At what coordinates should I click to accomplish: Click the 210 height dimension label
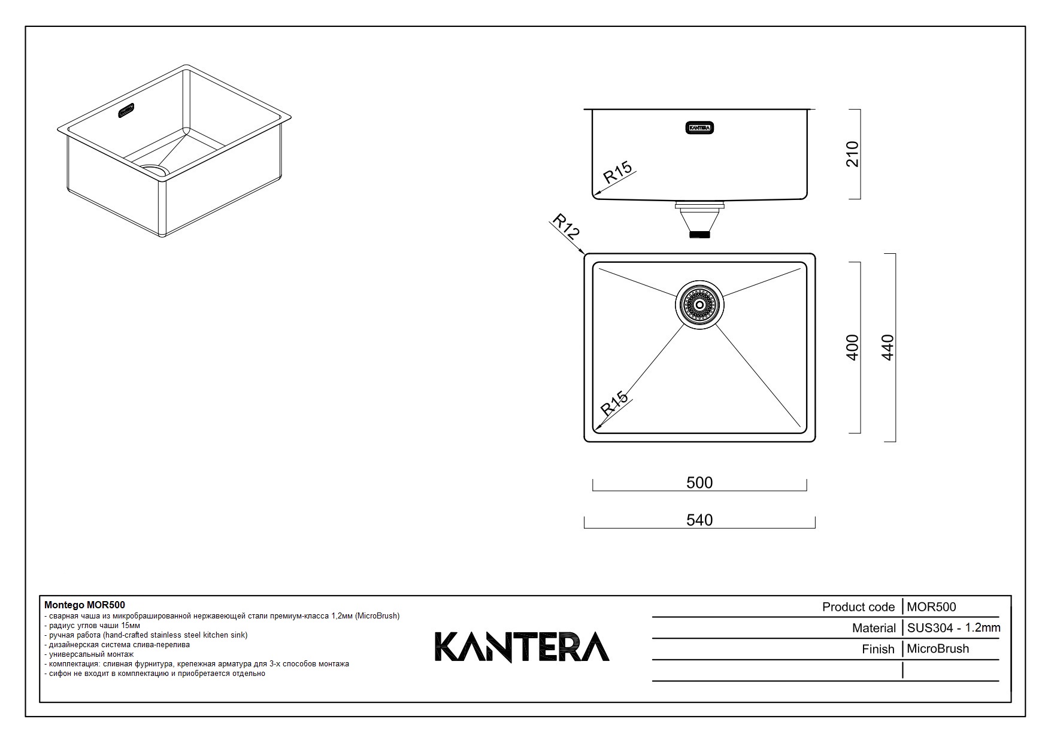click(x=852, y=154)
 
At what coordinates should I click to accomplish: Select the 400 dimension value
click(x=852, y=347)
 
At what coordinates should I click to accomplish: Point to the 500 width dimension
click(x=699, y=483)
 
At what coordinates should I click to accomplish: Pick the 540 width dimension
click(x=699, y=520)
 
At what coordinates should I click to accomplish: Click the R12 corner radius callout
click(x=565, y=227)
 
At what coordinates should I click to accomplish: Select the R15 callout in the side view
click(x=617, y=172)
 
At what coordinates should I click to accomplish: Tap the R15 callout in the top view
click(x=614, y=403)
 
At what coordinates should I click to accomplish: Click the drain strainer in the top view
click(x=699, y=305)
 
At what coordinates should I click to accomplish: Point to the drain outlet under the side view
click(x=699, y=220)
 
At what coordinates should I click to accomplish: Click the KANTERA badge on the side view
click(x=699, y=128)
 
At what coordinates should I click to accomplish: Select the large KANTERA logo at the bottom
click(x=522, y=647)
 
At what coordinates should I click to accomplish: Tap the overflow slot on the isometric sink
click(x=126, y=111)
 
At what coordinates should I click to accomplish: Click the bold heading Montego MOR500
click(x=84, y=605)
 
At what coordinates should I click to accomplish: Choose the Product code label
click(x=858, y=607)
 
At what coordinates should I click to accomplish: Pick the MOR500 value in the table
click(x=931, y=607)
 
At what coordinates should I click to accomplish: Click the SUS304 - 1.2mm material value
click(x=953, y=628)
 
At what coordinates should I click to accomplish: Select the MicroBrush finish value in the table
click(x=937, y=649)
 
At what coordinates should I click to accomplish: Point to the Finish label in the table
click(x=878, y=649)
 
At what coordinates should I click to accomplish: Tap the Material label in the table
click(x=874, y=628)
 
